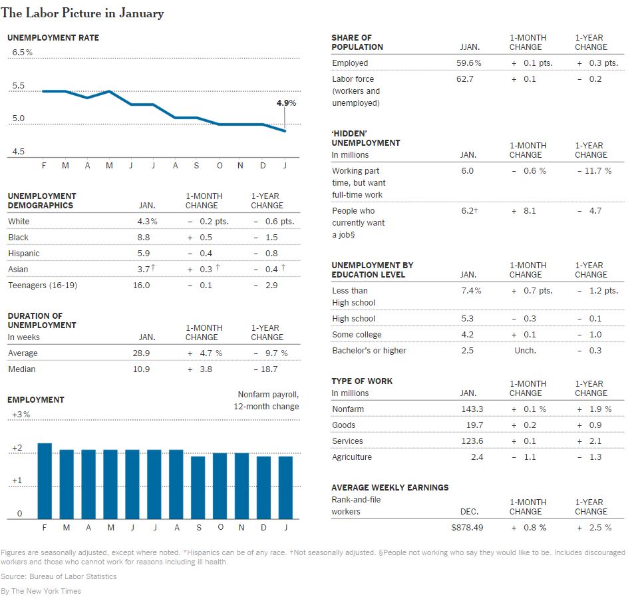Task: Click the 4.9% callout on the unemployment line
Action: tap(286, 102)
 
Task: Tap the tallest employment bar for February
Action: tap(45, 481)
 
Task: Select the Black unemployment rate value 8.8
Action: tap(144, 238)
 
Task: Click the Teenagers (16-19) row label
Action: tap(43, 285)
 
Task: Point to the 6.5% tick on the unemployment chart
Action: tap(22, 52)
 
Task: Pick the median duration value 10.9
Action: tap(141, 369)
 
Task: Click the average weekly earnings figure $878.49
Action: tap(467, 527)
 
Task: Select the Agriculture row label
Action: tap(352, 457)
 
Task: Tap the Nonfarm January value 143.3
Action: tap(472, 409)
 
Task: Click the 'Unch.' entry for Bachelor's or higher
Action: tap(526, 351)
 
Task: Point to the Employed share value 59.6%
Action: tap(469, 63)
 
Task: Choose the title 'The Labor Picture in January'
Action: tap(82, 13)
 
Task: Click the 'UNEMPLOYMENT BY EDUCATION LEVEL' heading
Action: tap(373, 270)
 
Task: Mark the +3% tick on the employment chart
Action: tap(21, 414)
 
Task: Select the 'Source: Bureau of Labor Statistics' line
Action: tap(59, 576)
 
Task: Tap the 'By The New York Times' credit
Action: tap(41, 591)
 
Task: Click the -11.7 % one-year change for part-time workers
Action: tap(594, 170)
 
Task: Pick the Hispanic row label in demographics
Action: tap(24, 253)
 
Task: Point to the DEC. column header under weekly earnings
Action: tap(470, 512)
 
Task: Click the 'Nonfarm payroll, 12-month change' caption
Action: tap(267, 401)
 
